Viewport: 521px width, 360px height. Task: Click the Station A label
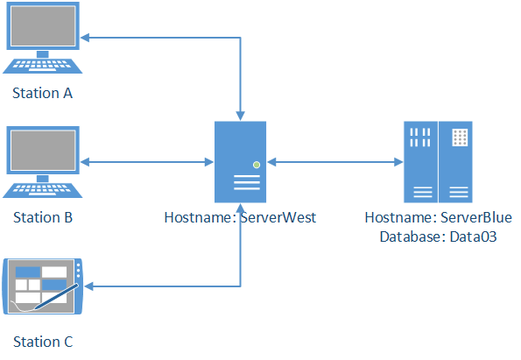[42, 93]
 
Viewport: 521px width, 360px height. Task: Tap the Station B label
[43, 217]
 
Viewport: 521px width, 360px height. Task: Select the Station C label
[43, 342]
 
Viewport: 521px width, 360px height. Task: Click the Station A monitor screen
[43, 25]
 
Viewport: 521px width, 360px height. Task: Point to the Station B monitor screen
[43, 151]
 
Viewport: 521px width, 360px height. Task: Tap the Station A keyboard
[43, 66]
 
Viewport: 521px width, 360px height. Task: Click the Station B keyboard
[43, 190]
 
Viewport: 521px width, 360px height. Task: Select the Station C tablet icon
[43, 286]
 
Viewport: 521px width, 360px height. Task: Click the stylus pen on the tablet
[57, 296]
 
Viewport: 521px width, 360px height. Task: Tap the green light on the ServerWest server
[257, 165]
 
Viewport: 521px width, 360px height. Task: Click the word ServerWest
[278, 217]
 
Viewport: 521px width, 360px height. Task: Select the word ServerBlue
[476, 217]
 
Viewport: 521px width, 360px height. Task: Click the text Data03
[473, 236]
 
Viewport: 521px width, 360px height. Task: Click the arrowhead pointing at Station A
[85, 38]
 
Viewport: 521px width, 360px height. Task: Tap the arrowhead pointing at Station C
[89, 286]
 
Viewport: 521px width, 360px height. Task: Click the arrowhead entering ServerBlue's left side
[398, 162]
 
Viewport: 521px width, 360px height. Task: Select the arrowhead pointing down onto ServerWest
[240, 116]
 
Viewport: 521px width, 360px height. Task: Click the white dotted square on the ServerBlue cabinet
[460, 138]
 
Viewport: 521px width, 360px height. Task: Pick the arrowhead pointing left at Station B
[85, 162]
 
